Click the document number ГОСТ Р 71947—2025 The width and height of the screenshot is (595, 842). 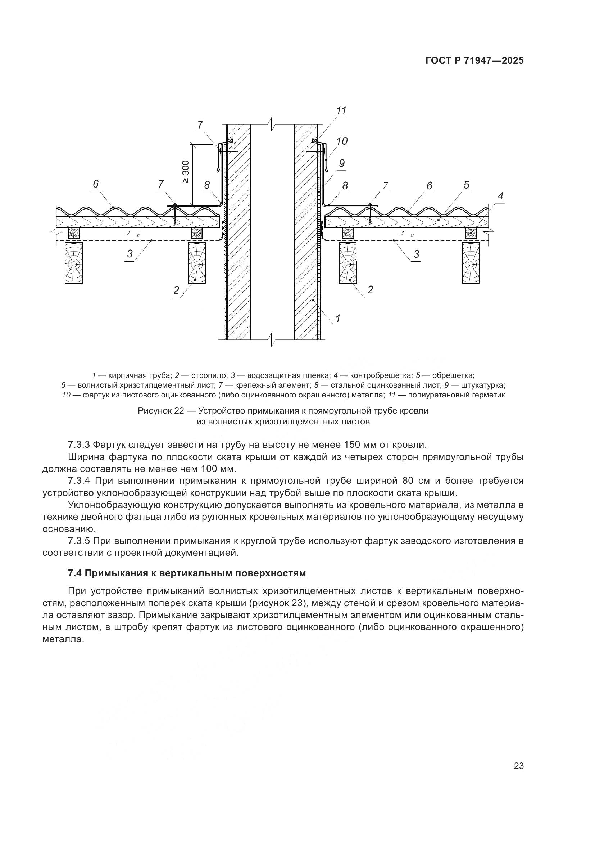[x=474, y=61]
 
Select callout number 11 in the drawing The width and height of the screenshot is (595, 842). [x=341, y=111]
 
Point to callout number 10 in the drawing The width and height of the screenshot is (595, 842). [x=342, y=141]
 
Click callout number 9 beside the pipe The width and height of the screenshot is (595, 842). [x=341, y=163]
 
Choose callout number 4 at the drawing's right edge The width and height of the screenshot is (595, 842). [x=500, y=196]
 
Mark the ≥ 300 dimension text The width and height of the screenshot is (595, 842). [x=186, y=172]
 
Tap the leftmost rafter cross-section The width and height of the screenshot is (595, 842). [x=74, y=262]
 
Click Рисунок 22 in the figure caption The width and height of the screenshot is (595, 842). [x=160, y=411]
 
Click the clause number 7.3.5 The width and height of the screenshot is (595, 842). [x=79, y=541]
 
